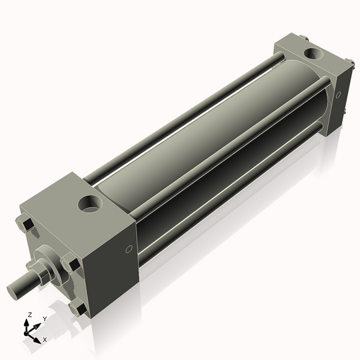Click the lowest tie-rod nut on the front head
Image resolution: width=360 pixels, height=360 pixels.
click(x=79, y=309)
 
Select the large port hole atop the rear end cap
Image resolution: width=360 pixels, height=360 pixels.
click(x=313, y=55)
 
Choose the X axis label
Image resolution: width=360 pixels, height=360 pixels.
click(x=44, y=340)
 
